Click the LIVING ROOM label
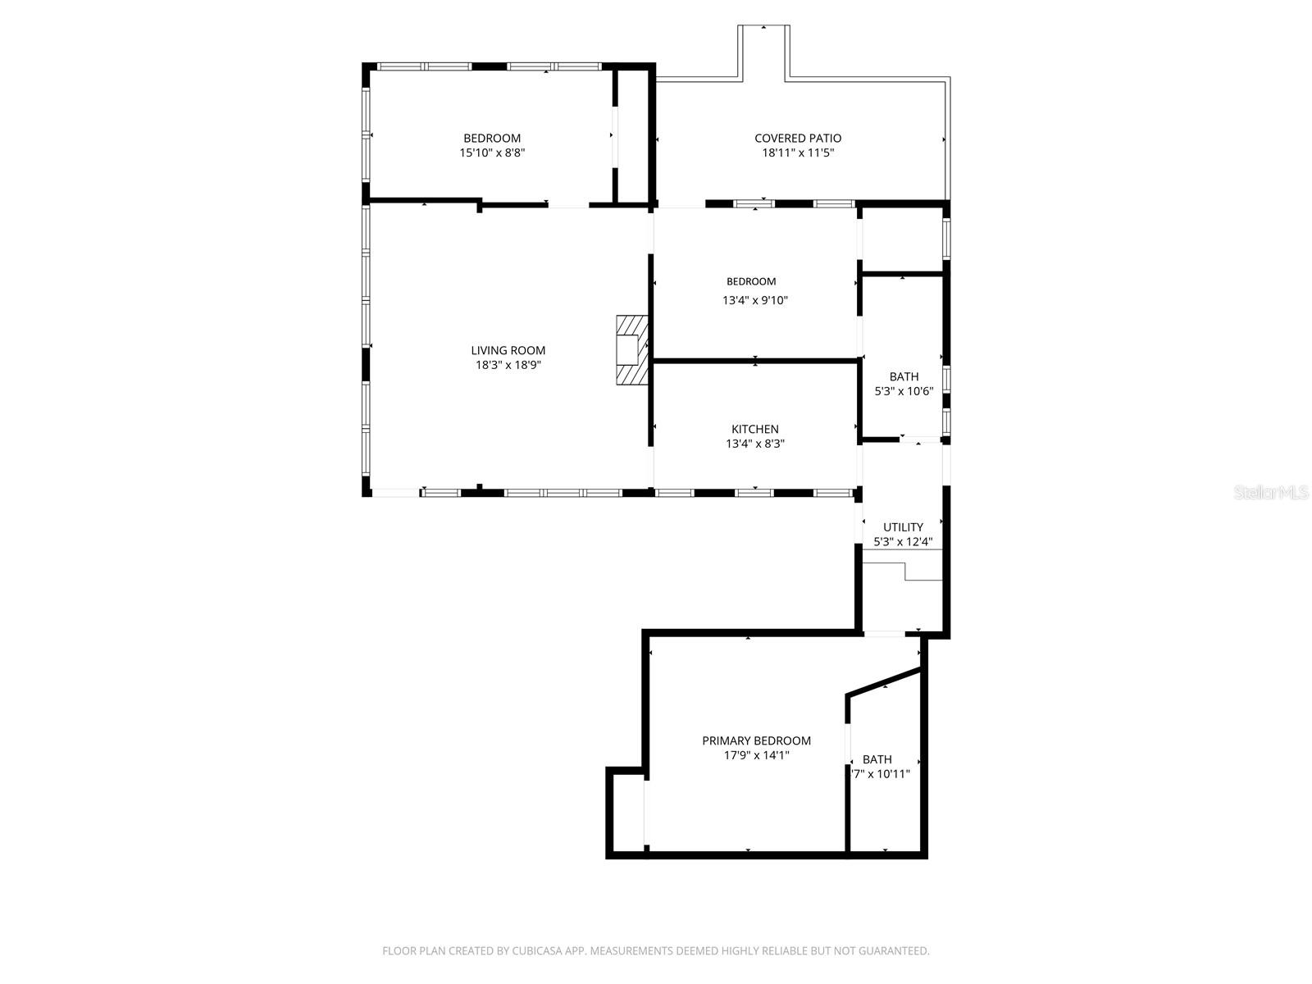[508, 350]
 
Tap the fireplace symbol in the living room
[632, 349]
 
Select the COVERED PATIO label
[798, 138]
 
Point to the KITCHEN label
[754, 429]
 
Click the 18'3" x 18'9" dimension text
[508, 365]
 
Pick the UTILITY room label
[903, 526]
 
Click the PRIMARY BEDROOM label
[756, 740]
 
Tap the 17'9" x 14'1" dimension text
[756, 755]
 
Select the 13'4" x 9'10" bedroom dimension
[754, 300]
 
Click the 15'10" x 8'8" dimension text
[492, 153]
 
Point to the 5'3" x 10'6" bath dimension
[904, 391]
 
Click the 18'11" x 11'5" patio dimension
[798, 153]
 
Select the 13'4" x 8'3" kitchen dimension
[754, 444]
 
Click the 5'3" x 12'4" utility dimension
[903, 541]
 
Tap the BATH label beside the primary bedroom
[877, 759]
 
